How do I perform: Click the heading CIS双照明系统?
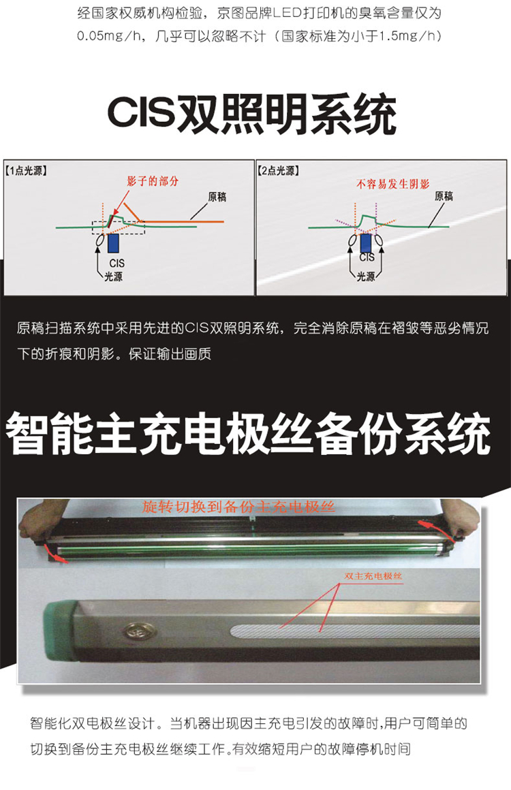pos(251,114)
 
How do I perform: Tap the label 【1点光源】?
pos(26,171)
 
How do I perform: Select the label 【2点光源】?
pos(278,171)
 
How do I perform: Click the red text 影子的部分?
pos(153,181)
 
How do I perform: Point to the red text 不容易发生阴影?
pos(392,184)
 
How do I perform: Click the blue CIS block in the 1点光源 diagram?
pos(113,243)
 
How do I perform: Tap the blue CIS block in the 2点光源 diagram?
pos(366,243)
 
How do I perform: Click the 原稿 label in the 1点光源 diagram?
pos(217,197)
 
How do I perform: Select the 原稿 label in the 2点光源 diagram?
pos(444,196)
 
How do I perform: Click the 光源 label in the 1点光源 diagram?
pos(113,276)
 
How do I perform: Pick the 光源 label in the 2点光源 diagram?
pos(366,276)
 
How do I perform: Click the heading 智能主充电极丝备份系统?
pos(249,433)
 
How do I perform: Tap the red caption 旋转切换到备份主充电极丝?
pos(238,507)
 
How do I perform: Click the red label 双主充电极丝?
pos(373,576)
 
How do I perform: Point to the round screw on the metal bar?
pos(135,630)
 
